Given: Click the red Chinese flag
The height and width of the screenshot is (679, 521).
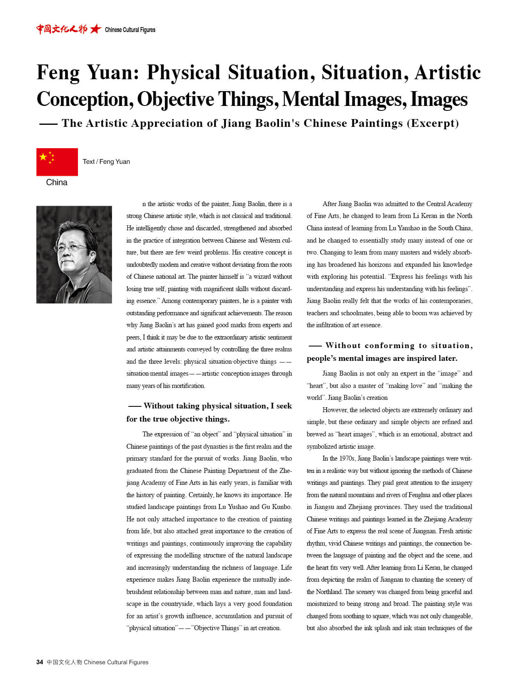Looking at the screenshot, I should pos(57,162).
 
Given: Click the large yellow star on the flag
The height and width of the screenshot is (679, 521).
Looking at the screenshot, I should pos(43,156).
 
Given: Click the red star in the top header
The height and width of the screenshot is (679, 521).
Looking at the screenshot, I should pos(96,29).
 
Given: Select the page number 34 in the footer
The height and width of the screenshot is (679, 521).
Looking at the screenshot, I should pos(39,662).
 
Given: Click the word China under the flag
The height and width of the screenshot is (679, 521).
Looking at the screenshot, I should pos(57,182).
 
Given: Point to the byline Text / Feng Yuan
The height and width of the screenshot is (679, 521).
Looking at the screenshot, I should pos(106,161).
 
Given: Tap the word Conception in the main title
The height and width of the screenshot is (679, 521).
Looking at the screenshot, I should pos(84,99).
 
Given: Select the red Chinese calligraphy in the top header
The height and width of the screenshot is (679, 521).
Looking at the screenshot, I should pos(62,29).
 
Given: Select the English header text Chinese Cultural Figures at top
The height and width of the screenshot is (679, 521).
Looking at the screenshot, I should pos(130,30).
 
